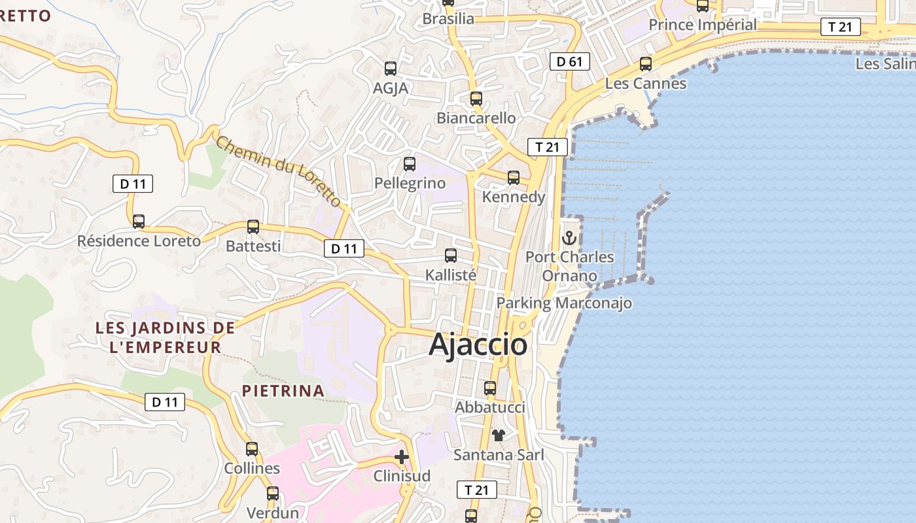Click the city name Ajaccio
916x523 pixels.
(x=478, y=345)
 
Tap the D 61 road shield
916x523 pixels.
(x=569, y=62)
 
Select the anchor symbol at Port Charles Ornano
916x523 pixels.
(x=569, y=238)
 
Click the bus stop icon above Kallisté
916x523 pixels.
(x=451, y=256)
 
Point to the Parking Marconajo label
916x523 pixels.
(x=564, y=303)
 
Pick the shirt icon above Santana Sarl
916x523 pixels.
(x=499, y=435)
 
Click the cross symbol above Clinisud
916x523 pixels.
(x=402, y=457)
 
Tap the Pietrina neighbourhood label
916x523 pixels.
(x=283, y=391)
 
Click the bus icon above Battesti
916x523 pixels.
(x=253, y=227)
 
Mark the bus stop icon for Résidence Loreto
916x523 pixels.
(x=139, y=222)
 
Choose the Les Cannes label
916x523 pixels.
(x=646, y=84)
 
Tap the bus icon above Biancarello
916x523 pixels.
(x=476, y=99)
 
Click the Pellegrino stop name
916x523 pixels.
(x=410, y=184)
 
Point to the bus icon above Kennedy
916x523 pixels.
(x=514, y=177)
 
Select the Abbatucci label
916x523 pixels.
(x=490, y=407)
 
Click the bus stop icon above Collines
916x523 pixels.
(x=252, y=449)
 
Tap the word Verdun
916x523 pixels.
(x=273, y=513)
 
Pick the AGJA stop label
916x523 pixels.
(x=391, y=88)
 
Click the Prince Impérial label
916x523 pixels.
(x=703, y=25)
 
